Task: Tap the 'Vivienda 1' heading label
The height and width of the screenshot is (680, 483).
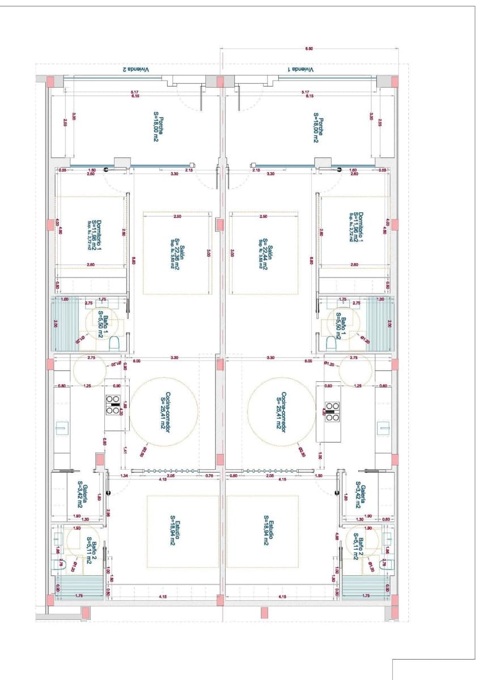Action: (300, 69)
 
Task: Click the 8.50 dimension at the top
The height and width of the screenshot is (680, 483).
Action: (309, 50)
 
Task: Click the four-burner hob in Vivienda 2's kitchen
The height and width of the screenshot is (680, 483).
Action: (112, 405)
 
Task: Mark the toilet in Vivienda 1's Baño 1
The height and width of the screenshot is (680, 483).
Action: (331, 343)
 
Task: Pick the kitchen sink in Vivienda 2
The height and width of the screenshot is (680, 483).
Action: (61, 428)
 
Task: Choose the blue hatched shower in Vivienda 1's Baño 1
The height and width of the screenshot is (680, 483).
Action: (380, 323)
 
